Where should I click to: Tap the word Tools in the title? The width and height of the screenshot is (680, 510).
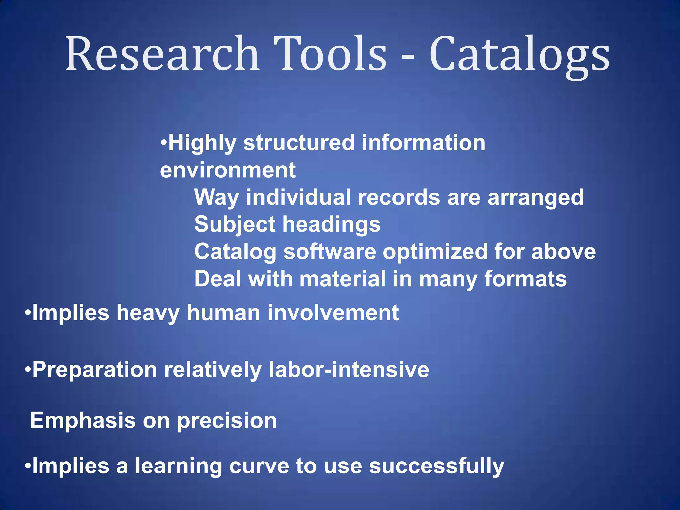pyautogui.click(x=330, y=54)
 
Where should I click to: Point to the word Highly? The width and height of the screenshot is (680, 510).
pyautogui.click(x=202, y=143)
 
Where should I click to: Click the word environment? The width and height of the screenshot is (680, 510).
pyautogui.click(x=227, y=170)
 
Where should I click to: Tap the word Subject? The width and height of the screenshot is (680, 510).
pyautogui.click(x=234, y=225)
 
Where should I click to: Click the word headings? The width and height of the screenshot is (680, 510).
pyautogui.click(x=331, y=225)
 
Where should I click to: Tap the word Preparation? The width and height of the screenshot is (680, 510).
pyautogui.click(x=95, y=370)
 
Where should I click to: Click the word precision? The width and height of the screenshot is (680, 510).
pyautogui.click(x=227, y=421)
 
